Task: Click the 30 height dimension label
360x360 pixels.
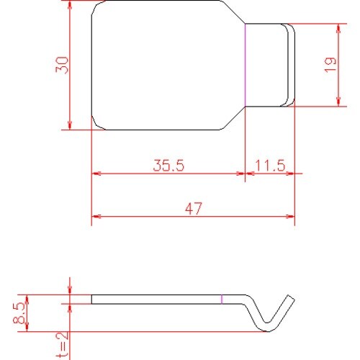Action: pos(62,65)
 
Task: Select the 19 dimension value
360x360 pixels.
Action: pos(330,65)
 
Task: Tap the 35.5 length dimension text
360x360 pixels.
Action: pos(168,166)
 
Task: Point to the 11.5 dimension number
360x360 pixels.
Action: pos(270,166)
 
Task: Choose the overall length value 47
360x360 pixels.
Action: pos(194,209)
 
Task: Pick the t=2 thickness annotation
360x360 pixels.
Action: pos(63,345)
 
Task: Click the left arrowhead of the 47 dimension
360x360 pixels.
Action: pos(96,217)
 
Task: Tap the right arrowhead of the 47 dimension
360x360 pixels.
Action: pos(290,217)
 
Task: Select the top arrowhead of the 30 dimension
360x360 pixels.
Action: pos(70,5)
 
